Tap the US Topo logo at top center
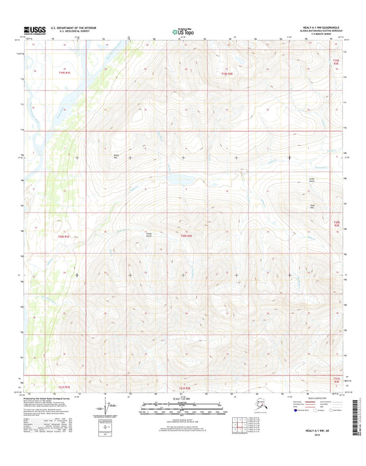point(183,31)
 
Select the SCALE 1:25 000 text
point(183,399)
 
